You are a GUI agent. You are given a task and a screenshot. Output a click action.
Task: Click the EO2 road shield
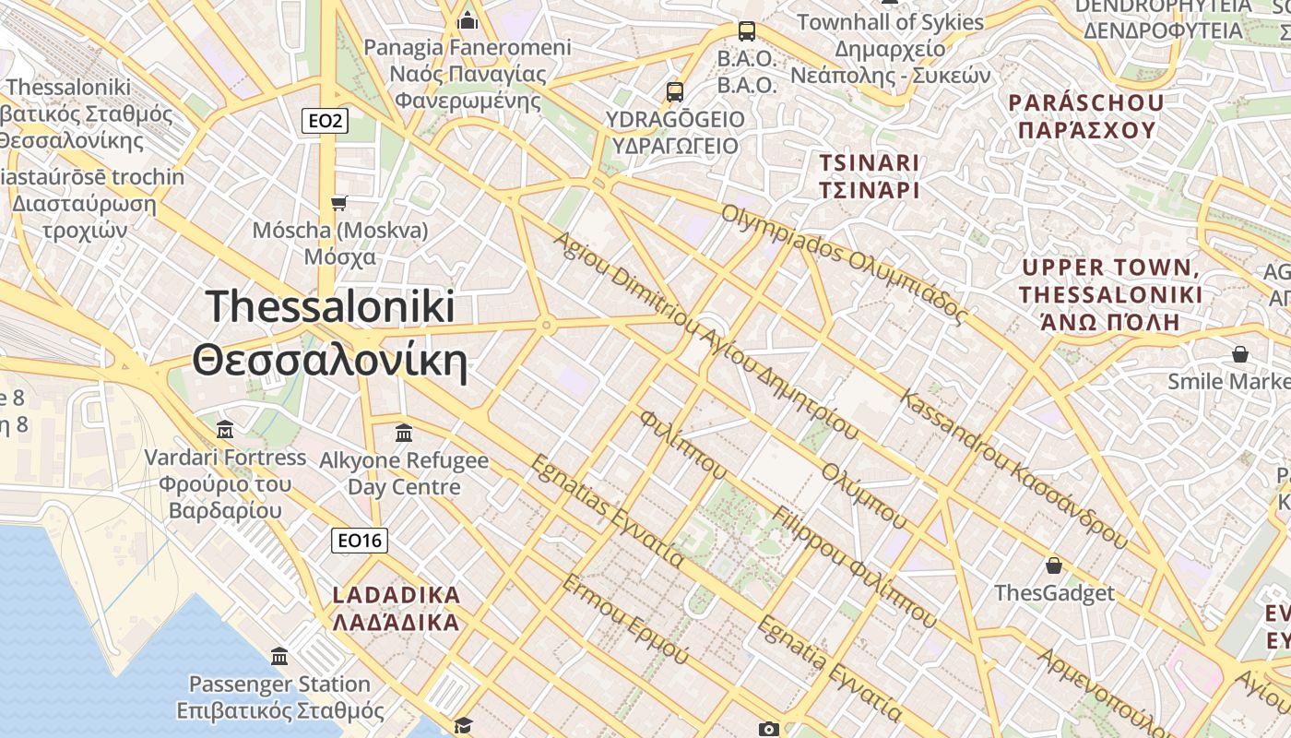click(x=326, y=120)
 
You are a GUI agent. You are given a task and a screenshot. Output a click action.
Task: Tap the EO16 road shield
click(x=360, y=541)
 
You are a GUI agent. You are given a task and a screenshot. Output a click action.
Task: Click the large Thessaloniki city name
click(x=330, y=334)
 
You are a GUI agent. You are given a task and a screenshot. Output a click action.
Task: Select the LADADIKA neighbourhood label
click(x=395, y=608)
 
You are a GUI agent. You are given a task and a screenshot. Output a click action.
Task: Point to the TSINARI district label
click(x=870, y=176)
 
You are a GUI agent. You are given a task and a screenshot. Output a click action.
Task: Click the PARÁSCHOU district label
click(x=1085, y=115)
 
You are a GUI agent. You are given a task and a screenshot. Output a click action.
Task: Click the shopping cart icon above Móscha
click(x=339, y=203)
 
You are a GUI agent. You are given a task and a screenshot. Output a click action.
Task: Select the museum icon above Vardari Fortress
click(x=225, y=429)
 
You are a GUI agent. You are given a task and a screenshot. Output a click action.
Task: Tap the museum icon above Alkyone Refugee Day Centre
click(x=404, y=433)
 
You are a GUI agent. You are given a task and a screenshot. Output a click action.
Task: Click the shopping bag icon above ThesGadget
click(x=1054, y=565)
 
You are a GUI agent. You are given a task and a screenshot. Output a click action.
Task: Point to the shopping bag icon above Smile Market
click(x=1240, y=354)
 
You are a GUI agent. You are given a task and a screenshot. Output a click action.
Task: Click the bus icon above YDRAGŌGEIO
click(x=675, y=92)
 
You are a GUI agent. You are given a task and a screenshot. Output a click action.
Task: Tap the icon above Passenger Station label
click(x=279, y=657)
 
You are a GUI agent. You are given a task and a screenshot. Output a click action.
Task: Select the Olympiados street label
click(x=844, y=264)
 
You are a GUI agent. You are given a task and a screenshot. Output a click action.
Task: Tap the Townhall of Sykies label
click(x=890, y=21)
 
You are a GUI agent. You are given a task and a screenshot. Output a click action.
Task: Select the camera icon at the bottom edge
click(x=768, y=729)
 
